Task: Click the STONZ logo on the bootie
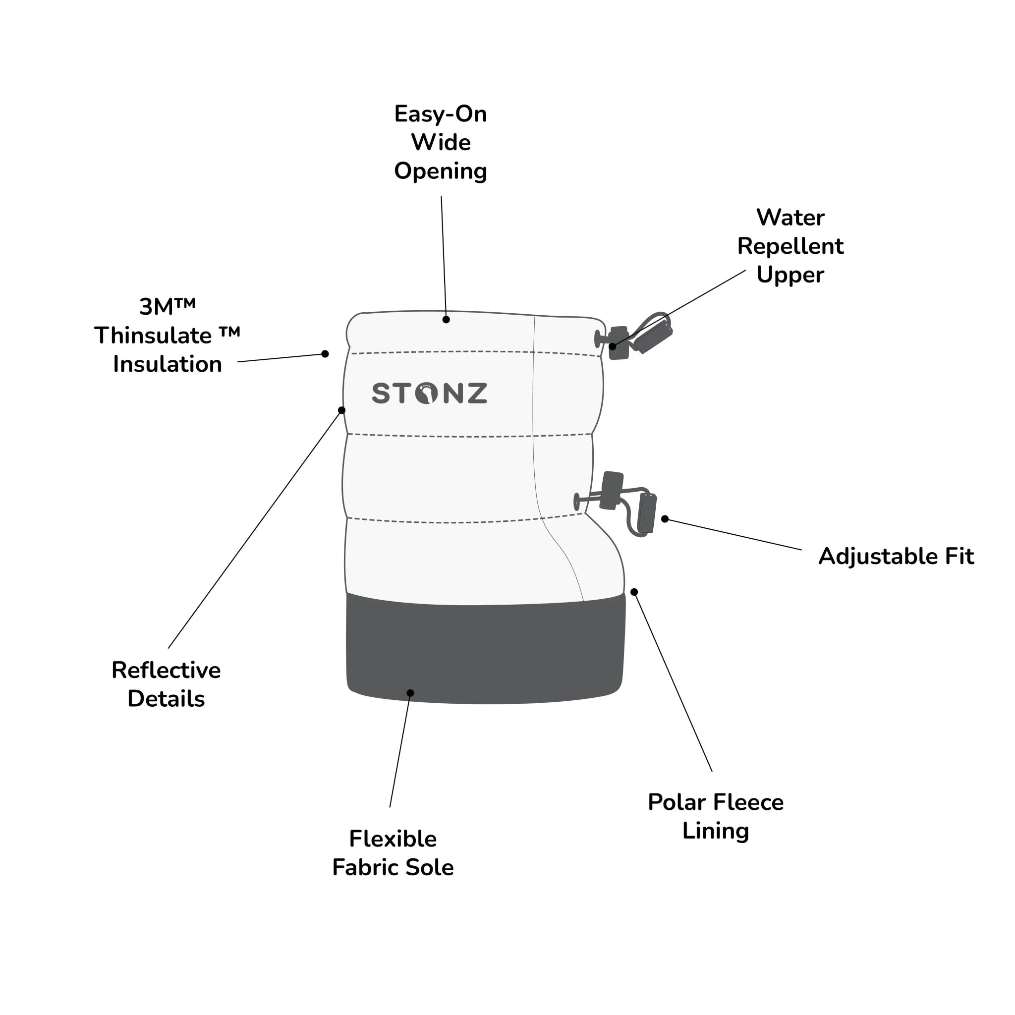[429, 394]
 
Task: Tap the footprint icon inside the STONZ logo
[426, 394]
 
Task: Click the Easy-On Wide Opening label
[441, 142]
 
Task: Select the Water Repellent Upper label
[790, 246]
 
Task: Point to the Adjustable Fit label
[896, 557]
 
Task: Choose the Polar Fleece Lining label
[716, 816]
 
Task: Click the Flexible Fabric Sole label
[393, 853]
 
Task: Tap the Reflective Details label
[166, 684]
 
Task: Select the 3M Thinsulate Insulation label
[168, 336]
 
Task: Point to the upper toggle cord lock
[619, 343]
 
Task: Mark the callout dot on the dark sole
[410, 693]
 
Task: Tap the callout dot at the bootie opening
[446, 320]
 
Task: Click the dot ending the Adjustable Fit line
[665, 519]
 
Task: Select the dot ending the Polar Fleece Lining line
[634, 592]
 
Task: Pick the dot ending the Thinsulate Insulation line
[325, 353]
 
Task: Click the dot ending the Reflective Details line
[341, 410]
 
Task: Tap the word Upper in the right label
[790, 275]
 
